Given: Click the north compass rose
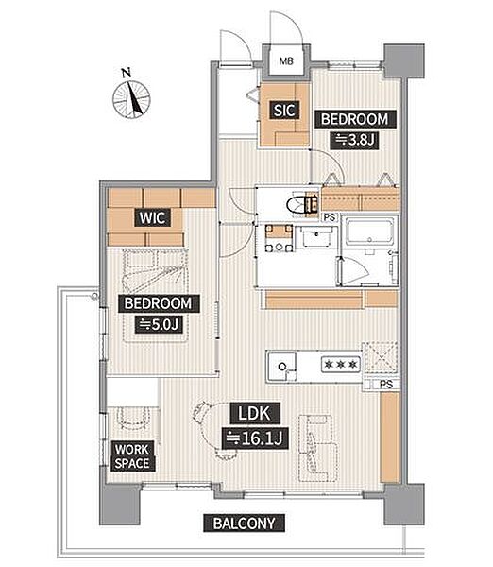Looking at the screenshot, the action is point(131,98).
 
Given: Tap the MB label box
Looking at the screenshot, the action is point(286,61).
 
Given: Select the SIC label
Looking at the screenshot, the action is point(284,111).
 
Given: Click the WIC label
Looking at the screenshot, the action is point(152,217).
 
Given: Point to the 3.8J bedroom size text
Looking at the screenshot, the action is point(354,140).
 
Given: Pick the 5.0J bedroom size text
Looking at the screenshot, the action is point(159,324).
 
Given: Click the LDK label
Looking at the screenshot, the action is point(255,413).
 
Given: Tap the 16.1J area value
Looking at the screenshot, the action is point(255,438).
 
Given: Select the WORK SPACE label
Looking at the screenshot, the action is point(132,456).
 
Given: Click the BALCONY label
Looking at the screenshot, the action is point(245,524).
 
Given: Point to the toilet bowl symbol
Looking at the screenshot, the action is point(297,205).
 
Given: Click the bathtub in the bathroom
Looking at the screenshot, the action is point(368,232).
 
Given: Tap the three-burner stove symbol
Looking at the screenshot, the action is point(341,365).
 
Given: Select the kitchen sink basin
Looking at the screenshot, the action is point(281,366).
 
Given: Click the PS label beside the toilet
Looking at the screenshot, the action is point(330,217).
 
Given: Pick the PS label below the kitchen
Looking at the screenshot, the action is point(386,384).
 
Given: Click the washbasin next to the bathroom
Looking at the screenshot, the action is point(316,237).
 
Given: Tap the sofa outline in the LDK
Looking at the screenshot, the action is point(318,448).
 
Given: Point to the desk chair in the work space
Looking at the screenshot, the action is point(134,418).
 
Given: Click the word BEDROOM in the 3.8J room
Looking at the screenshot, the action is point(354,119).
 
